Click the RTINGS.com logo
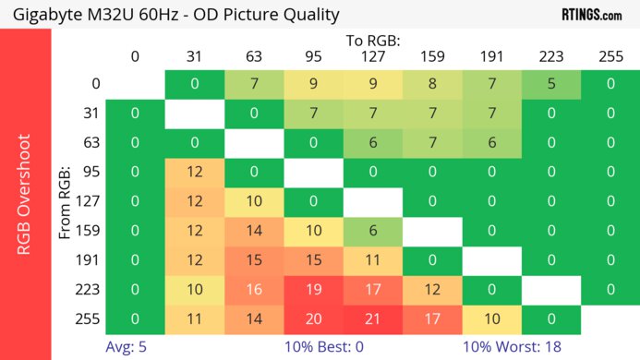coord(592,15)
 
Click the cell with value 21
coord(372,319)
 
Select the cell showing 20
coord(313,319)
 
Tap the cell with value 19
coord(313,290)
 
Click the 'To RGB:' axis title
coord(373,42)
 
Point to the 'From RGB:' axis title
coord(66,202)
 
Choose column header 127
coord(372,56)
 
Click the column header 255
coord(610,56)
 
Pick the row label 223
coord(90,290)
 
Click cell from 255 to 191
coord(491,319)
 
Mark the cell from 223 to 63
coord(254,290)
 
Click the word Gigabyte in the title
coord(47,15)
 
